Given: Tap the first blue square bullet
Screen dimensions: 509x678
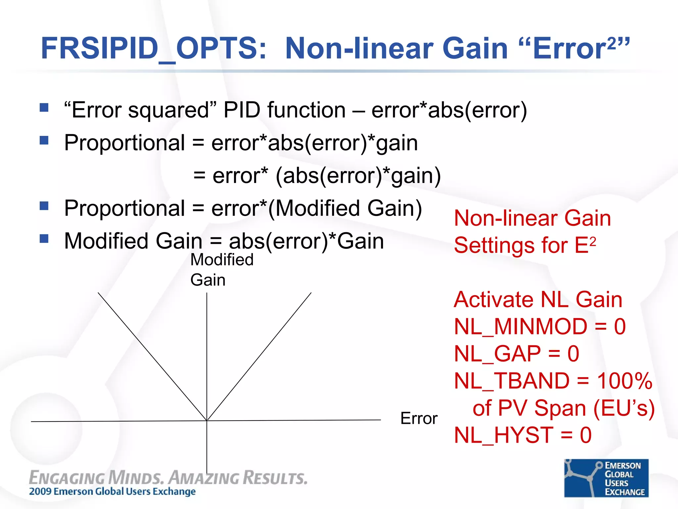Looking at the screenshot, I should pyautogui.click(x=44, y=107).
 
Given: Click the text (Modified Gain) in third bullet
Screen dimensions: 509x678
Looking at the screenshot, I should pyautogui.click(x=345, y=208).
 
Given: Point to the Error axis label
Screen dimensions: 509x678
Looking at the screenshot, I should pyautogui.click(x=418, y=418).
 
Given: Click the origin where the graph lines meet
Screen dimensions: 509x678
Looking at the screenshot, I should pyautogui.click(x=207, y=421).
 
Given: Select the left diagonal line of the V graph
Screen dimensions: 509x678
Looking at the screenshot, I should pyautogui.click(x=152, y=356).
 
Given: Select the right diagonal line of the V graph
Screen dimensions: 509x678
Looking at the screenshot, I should pyautogui.click(x=259, y=356).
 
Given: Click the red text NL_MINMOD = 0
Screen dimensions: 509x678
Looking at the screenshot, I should pyautogui.click(x=540, y=327).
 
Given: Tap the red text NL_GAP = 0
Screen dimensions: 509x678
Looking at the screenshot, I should pyautogui.click(x=516, y=354).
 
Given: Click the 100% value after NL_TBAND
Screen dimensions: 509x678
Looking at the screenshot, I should pyautogui.click(x=624, y=381).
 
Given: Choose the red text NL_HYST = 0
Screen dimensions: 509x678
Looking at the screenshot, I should pyautogui.click(x=522, y=435).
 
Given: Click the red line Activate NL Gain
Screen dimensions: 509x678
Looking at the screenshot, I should pyautogui.click(x=538, y=300).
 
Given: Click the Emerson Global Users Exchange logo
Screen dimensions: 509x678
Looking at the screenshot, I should pyautogui.click(x=606, y=478).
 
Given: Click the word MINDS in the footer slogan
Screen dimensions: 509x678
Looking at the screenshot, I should pyautogui.click(x=136, y=478).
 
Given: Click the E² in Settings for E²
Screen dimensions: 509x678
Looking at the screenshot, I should pyautogui.click(x=585, y=245).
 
